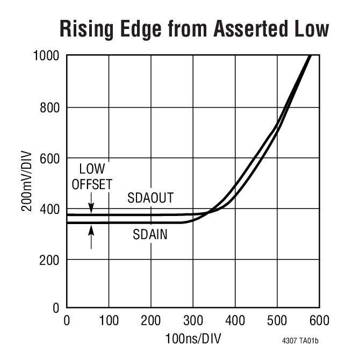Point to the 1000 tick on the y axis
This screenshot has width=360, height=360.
click(x=48, y=56)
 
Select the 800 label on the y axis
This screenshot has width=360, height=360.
click(x=52, y=107)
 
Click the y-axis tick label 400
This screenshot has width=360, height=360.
click(x=52, y=209)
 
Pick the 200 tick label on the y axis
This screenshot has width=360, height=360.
click(x=52, y=260)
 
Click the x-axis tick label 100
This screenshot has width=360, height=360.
click(x=109, y=321)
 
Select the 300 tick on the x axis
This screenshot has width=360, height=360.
click(x=192, y=321)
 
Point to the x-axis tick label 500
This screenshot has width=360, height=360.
click(x=277, y=321)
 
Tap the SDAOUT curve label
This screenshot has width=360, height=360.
click(x=150, y=198)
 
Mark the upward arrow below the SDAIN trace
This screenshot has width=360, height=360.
click(x=91, y=236)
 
